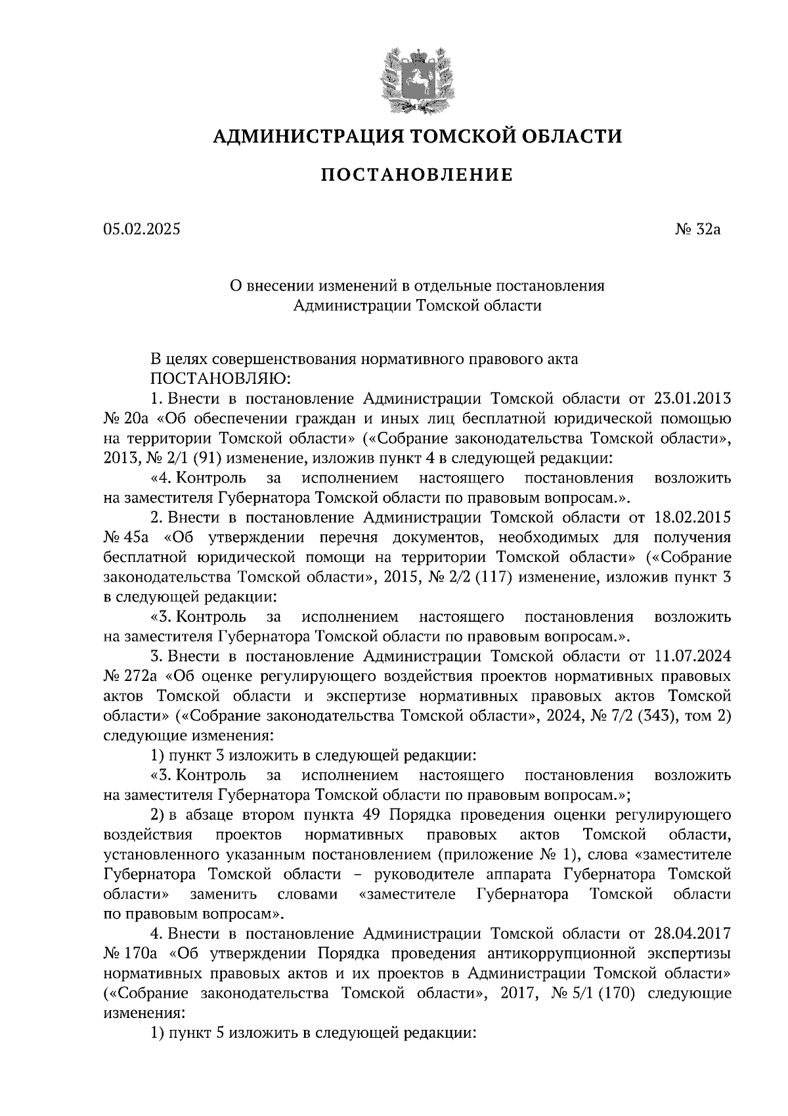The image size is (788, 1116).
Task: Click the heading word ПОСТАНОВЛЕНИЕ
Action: click(x=416, y=175)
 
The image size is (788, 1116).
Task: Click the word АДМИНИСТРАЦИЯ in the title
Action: click(x=307, y=136)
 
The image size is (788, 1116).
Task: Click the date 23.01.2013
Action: click(x=693, y=399)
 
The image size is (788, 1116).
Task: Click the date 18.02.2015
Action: click(x=693, y=518)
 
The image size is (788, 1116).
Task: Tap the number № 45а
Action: click(x=127, y=538)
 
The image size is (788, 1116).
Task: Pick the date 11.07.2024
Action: click(x=693, y=657)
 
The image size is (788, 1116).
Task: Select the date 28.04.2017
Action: click(x=693, y=933)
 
